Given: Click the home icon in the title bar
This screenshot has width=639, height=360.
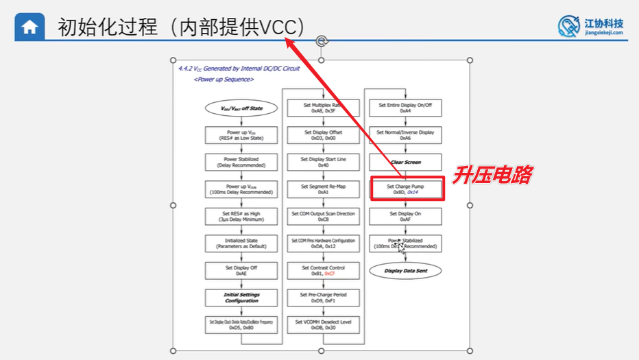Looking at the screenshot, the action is point(29,27).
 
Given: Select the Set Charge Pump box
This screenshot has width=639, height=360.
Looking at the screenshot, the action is point(405,189).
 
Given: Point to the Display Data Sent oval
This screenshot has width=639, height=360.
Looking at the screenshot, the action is point(405,271).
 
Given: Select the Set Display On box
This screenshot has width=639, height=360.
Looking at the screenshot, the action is point(405,217).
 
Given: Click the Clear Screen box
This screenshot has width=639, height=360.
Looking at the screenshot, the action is point(405,163).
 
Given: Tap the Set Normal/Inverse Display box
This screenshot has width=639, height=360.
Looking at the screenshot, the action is point(405,135).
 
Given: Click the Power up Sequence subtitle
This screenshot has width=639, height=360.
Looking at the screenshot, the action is point(224,80).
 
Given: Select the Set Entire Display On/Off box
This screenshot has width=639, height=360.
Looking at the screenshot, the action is point(405,108).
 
